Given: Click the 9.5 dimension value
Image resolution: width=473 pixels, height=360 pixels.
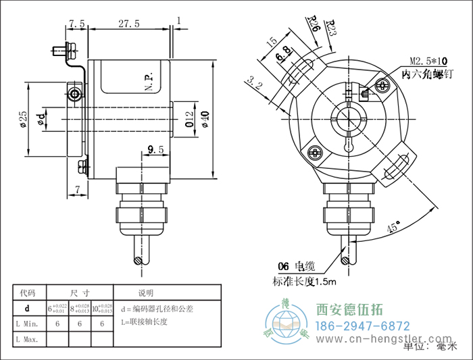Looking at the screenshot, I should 155,149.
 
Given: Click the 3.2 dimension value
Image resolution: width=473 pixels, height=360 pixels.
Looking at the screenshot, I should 255,83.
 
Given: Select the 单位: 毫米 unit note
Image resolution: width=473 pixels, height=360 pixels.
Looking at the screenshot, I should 428,347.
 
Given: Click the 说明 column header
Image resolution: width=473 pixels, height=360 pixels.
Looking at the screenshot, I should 146,293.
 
